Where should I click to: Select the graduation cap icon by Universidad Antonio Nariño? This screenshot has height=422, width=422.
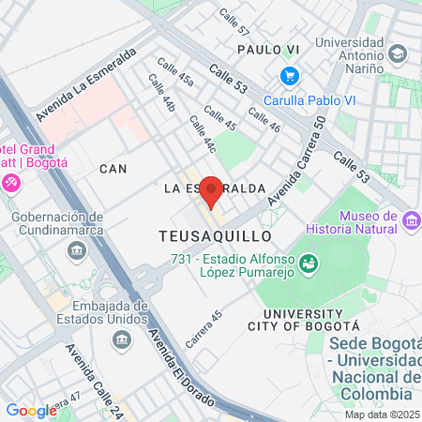tap(398, 54)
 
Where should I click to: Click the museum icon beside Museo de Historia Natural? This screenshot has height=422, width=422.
tap(411, 222)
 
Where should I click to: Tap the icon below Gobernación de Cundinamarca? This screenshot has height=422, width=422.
tap(76, 250)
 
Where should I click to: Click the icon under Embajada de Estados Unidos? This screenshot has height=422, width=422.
tap(120, 338)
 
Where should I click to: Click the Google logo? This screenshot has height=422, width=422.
tap(31, 410)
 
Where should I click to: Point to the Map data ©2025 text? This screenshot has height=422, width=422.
tap(381, 414)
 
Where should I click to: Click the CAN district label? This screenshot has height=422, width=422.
tap(113, 169)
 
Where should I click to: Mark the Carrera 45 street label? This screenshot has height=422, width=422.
tap(203, 329)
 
